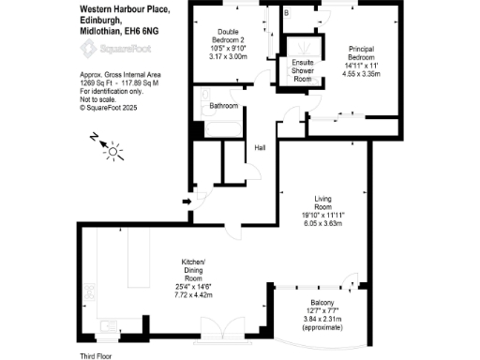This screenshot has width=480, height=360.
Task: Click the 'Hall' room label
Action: [x=260, y=147]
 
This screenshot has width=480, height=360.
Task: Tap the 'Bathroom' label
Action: [x=224, y=106]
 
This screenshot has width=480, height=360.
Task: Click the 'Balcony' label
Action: [x=324, y=304]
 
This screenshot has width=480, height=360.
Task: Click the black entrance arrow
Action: [x=187, y=200]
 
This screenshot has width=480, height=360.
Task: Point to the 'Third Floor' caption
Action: [x=97, y=356]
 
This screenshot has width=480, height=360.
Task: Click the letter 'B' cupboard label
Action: [x=287, y=13]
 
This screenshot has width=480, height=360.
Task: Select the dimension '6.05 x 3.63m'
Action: [x=322, y=223]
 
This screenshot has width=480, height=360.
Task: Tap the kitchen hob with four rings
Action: [x=90, y=292]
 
